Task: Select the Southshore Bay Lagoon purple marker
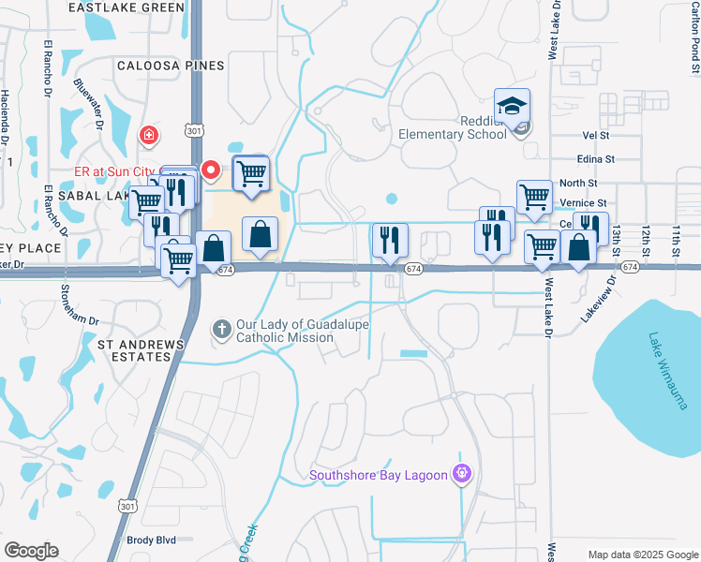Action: pyautogui.click(x=459, y=475)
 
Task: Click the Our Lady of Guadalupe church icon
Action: pyautogui.click(x=222, y=329)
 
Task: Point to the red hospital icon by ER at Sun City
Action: pyautogui.click(x=148, y=137)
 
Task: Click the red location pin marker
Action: pyautogui.click(x=211, y=170)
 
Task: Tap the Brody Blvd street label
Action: pyautogui.click(x=151, y=540)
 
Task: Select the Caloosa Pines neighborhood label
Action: pyautogui.click(x=171, y=66)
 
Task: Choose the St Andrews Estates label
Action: pyautogui.click(x=141, y=350)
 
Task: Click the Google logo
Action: pyautogui.click(x=31, y=551)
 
